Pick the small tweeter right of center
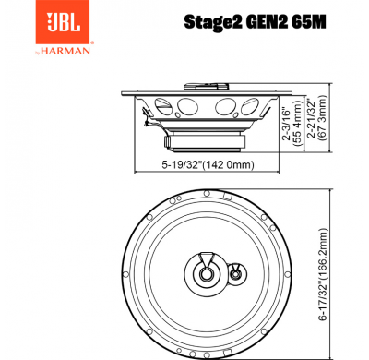click(x=236, y=272)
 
